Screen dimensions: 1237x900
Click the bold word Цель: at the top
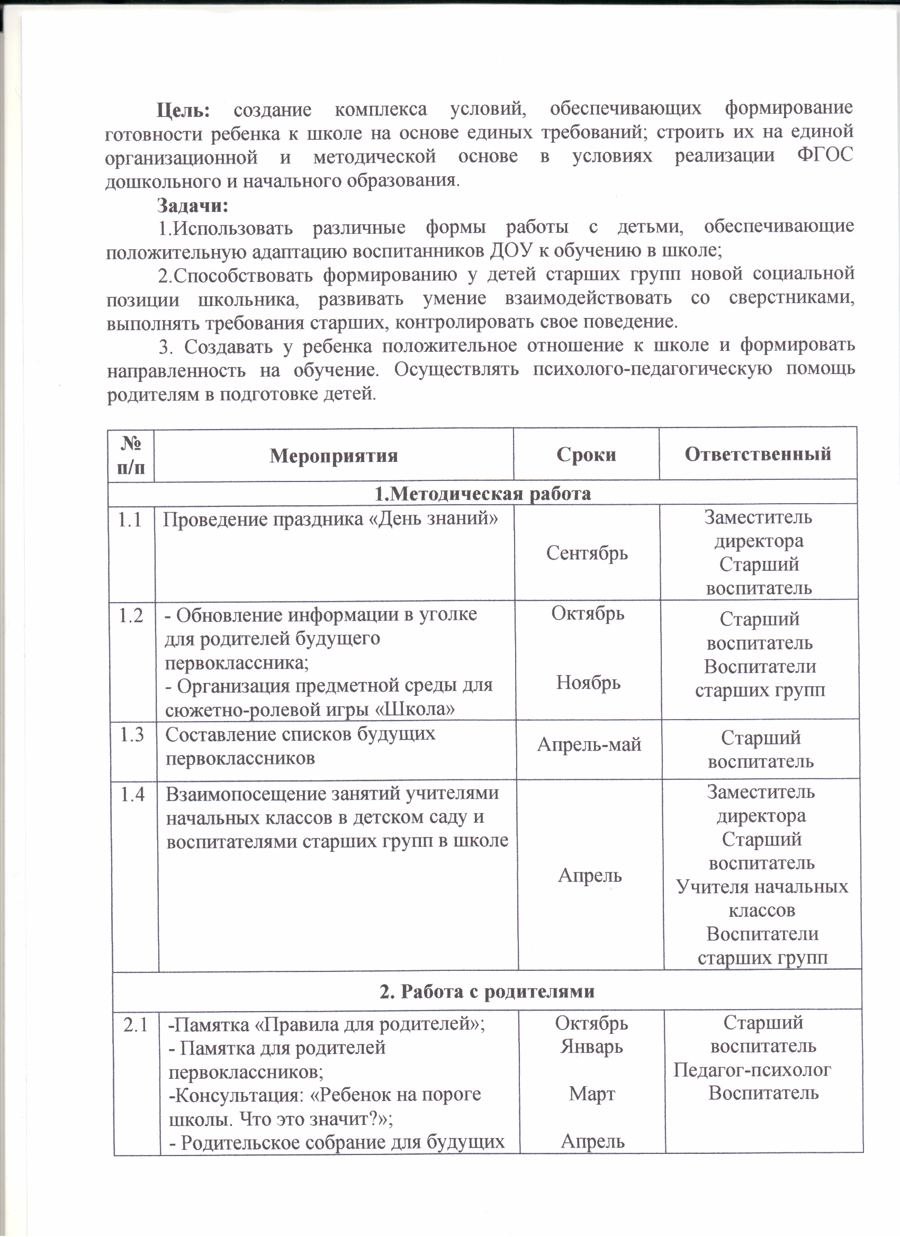[x=183, y=110]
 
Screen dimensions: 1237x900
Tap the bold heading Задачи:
[x=193, y=205]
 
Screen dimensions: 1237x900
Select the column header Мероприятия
[x=334, y=456]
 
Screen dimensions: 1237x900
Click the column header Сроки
[x=586, y=454]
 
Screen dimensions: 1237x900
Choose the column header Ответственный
[x=758, y=454]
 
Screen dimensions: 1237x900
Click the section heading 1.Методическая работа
[x=482, y=493]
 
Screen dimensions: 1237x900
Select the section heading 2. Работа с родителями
[x=487, y=990]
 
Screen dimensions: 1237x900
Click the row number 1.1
[x=130, y=520]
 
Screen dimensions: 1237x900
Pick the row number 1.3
[x=131, y=735]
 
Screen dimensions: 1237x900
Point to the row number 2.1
[x=136, y=1025]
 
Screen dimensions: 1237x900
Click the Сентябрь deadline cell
[x=587, y=553]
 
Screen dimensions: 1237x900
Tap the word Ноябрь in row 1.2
[x=588, y=683]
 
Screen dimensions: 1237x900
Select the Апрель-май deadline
[x=589, y=744]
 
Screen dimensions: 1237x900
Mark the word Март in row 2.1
[x=592, y=1094]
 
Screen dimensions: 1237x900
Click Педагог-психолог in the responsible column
[x=752, y=1070]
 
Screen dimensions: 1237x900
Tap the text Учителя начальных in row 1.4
[x=762, y=887]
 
